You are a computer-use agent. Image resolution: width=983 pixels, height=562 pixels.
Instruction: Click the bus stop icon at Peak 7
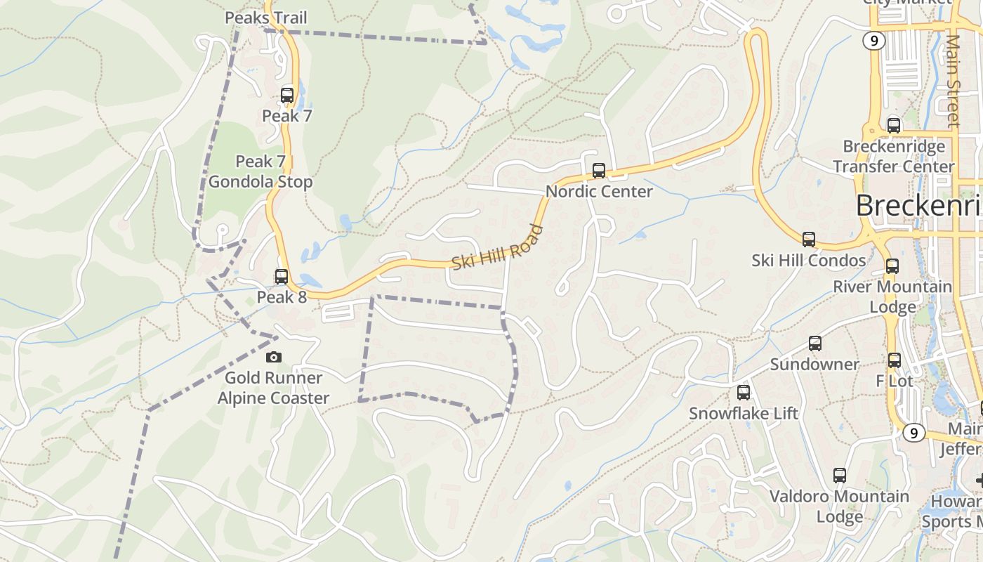[287, 96]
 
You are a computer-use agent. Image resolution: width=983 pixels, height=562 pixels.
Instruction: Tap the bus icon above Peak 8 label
[282, 277]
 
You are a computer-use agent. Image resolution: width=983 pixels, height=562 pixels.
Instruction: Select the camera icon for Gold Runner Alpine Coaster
[274, 358]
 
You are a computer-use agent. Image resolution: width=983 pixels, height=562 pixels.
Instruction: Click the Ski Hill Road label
[497, 247]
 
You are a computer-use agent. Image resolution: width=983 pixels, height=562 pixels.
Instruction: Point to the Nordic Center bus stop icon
[599, 171]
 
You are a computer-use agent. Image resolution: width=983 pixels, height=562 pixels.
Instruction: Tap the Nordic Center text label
[599, 191]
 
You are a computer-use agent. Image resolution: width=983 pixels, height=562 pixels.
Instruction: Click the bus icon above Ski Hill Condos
[809, 240]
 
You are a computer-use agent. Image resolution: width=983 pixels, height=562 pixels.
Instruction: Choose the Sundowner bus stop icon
[815, 344]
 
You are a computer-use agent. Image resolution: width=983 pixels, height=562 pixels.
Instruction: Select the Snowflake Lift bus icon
[744, 393]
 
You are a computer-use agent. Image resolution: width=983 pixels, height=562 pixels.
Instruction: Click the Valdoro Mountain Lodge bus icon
[840, 476]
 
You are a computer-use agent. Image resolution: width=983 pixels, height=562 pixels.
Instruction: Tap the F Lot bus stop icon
[895, 360]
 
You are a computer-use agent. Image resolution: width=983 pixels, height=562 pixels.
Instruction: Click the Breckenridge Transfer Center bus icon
[894, 126]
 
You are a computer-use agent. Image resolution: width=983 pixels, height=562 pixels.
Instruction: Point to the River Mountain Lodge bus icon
[892, 266]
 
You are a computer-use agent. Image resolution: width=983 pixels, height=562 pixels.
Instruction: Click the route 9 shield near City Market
[874, 41]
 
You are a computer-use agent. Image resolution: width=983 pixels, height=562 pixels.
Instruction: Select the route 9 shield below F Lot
[913, 433]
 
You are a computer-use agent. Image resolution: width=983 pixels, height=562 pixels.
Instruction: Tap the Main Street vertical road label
[953, 81]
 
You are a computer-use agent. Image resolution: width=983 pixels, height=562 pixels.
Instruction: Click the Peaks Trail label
[266, 18]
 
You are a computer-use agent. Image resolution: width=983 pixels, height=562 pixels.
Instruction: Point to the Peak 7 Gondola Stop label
[260, 171]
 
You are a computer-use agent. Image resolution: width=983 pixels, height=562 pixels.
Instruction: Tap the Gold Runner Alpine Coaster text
[273, 388]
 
